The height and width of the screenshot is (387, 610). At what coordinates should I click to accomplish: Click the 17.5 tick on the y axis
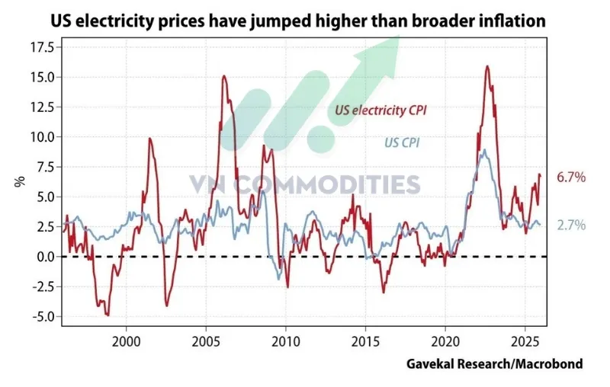(43, 47)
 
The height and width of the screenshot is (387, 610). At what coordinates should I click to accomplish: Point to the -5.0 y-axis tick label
(43, 316)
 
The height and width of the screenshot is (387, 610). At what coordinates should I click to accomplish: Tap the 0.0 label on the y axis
(47, 257)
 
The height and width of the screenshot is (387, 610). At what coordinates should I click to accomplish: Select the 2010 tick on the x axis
(286, 341)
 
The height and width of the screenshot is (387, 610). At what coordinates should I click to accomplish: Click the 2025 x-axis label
(525, 341)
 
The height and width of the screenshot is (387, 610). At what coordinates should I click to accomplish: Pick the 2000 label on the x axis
(127, 341)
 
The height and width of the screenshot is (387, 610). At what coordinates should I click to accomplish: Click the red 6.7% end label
(571, 178)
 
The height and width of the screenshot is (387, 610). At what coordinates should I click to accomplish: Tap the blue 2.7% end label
(571, 225)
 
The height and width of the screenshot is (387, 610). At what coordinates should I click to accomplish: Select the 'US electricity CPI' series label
(380, 110)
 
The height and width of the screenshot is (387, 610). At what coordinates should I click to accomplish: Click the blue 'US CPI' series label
(402, 142)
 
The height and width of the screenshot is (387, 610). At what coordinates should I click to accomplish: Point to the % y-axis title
(20, 181)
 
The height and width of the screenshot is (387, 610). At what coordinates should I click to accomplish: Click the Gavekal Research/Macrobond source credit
(495, 364)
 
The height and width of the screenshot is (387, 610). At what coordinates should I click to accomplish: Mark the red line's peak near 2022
(487, 66)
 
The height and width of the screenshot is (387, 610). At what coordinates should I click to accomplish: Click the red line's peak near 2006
(224, 75)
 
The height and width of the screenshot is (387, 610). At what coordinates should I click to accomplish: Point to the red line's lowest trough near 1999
(108, 315)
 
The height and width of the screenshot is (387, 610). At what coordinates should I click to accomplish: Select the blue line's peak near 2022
(484, 149)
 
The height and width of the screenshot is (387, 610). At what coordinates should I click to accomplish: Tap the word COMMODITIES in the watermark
(328, 184)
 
